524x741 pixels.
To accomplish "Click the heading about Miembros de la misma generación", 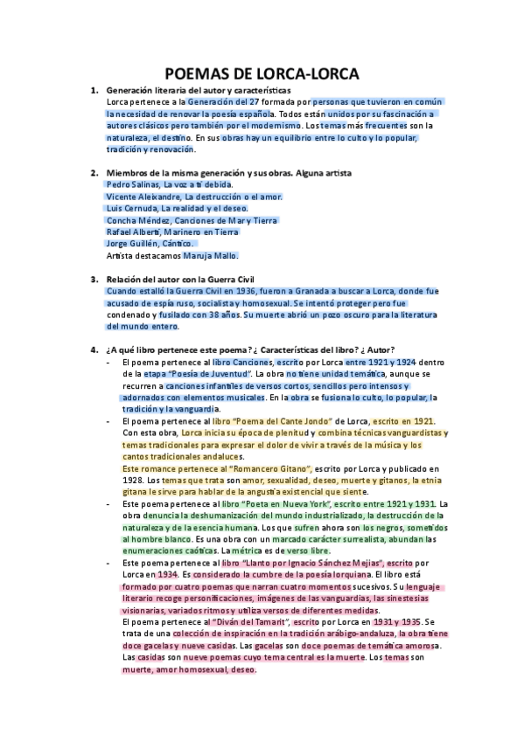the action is click(x=228, y=173).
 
